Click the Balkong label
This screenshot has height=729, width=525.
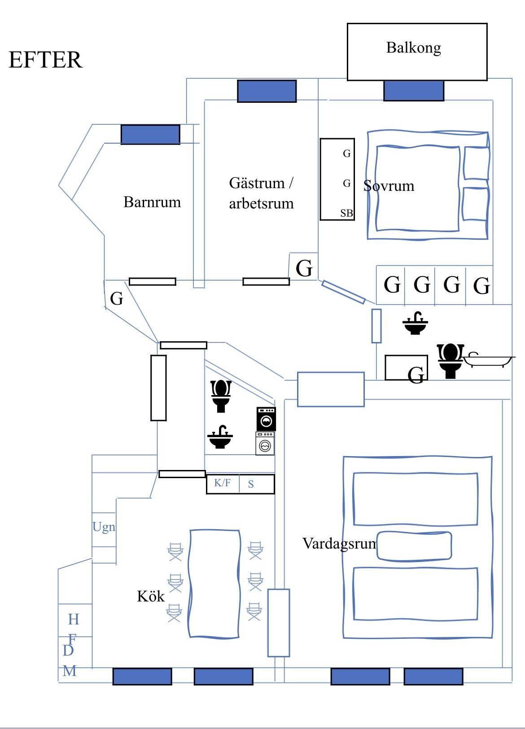pyautogui.click(x=413, y=48)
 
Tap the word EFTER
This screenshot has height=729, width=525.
pyautogui.click(x=45, y=60)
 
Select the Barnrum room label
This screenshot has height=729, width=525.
pyautogui.click(x=152, y=202)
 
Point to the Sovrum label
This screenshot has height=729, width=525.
pyautogui.click(x=389, y=186)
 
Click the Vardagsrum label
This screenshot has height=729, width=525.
pyautogui.click(x=340, y=544)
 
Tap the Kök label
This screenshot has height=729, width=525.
pyautogui.click(x=151, y=596)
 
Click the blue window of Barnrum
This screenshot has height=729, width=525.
pyautogui.click(x=150, y=134)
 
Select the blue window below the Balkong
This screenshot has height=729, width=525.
pyautogui.click(x=413, y=91)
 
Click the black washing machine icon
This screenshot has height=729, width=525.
pyautogui.click(x=266, y=419)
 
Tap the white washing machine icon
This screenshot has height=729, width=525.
pyautogui.click(x=265, y=444)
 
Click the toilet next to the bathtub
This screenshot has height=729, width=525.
pyautogui.click(x=450, y=361)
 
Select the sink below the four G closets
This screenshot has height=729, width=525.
pyautogui.click(x=415, y=324)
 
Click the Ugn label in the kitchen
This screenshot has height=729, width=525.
pyautogui.click(x=104, y=527)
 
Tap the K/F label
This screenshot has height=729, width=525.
pyautogui.click(x=222, y=483)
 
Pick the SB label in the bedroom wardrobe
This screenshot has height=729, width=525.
pyautogui.click(x=346, y=213)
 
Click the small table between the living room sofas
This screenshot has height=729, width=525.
pyautogui.click(x=414, y=546)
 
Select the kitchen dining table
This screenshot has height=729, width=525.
pyautogui.click(x=214, y=583)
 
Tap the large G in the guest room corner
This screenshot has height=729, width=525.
pyautogui.click(x=304, y=268)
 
